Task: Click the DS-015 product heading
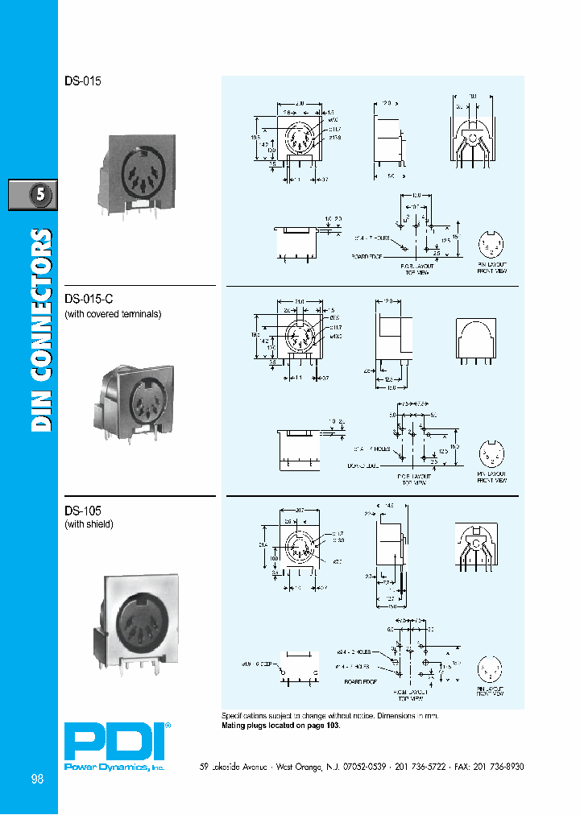pos(83,81)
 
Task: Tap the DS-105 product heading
pos(83,510)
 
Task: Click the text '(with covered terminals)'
pos(113,313)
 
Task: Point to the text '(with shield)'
pos(89,524)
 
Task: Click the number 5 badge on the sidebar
pos(33,195)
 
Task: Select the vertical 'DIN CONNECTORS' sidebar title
pos(42,330)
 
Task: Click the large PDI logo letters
pos(114,742)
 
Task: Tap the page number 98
pos(37,779)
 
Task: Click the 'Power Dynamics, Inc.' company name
pos(114,768)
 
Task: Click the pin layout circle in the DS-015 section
pos(491,244)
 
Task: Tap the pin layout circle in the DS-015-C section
pos(491,454)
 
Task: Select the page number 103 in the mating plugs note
pos(331,726)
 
